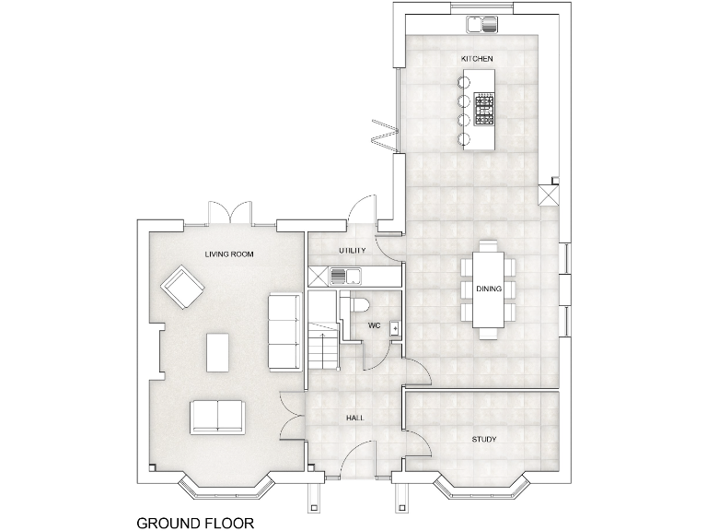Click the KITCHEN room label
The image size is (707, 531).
point(477,59)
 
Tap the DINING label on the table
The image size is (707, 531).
point(489,289)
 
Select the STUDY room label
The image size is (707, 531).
point(484,440)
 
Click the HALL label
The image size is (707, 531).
point(355,418)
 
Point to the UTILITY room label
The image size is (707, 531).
point(353,251)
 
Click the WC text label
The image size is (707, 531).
point(375,325)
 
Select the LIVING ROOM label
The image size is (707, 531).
point(229,254)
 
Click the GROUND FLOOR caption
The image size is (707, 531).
point(195,523)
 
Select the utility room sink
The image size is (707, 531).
point(339,275)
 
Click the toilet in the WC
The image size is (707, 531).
point(357,304)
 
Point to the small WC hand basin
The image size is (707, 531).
point(394,327)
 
